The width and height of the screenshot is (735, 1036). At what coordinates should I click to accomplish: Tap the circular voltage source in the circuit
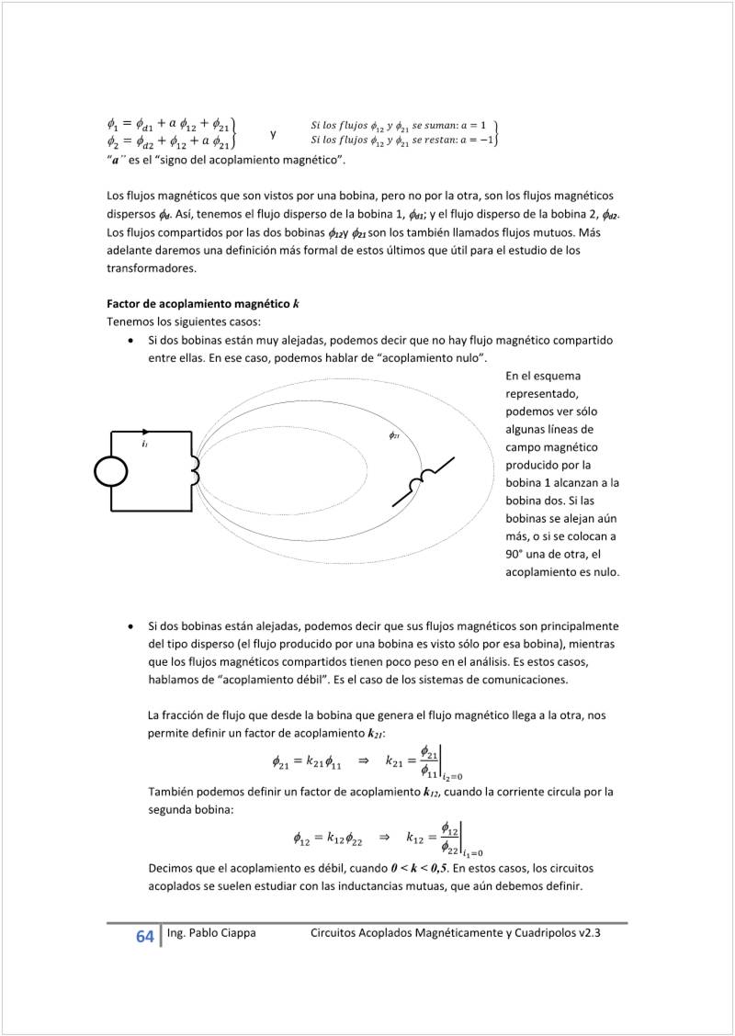(111, 471)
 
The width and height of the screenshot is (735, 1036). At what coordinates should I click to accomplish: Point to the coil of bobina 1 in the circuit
(195, 470)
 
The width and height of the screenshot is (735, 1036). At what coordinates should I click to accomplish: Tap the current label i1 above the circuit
(145, 443)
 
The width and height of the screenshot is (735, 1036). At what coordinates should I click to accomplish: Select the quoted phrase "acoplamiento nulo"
(435, 357)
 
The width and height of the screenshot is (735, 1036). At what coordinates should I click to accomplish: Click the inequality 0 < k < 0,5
(419, 868)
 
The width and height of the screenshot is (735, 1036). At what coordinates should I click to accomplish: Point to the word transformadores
(152, 268)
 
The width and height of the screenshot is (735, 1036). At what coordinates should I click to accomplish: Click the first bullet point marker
(134, 341)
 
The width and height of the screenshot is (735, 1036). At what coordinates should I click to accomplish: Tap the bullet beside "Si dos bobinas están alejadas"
(134, 625)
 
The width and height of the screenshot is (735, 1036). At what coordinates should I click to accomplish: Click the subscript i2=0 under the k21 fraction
(451, 776)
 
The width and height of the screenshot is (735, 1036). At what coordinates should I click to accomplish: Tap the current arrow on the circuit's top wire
(145, 432)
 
